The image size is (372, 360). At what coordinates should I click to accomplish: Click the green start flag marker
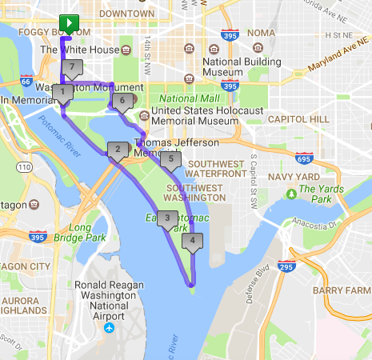tap(71, 23)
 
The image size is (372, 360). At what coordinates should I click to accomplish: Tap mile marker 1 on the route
tap(62, 93)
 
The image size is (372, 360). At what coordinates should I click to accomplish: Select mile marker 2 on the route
tap(118, 149)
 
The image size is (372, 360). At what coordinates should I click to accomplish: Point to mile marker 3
tap(166, 218)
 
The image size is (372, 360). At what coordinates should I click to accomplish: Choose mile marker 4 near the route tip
tap(192, 241)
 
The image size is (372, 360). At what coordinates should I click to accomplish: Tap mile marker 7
tap(72, 67)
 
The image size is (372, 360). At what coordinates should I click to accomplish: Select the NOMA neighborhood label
tap(260, 32)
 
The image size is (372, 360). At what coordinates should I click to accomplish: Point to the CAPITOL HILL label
tap(298, 118)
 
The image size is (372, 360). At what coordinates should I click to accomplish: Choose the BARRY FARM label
tap(342, 290)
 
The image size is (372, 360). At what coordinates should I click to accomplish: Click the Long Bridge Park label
tap(86, 233)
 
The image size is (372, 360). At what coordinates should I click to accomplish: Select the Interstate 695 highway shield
tap(303, 158)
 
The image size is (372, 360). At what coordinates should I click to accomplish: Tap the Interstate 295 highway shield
tap(286, 266)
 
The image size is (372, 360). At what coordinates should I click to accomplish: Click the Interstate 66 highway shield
tap(26, 81)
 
